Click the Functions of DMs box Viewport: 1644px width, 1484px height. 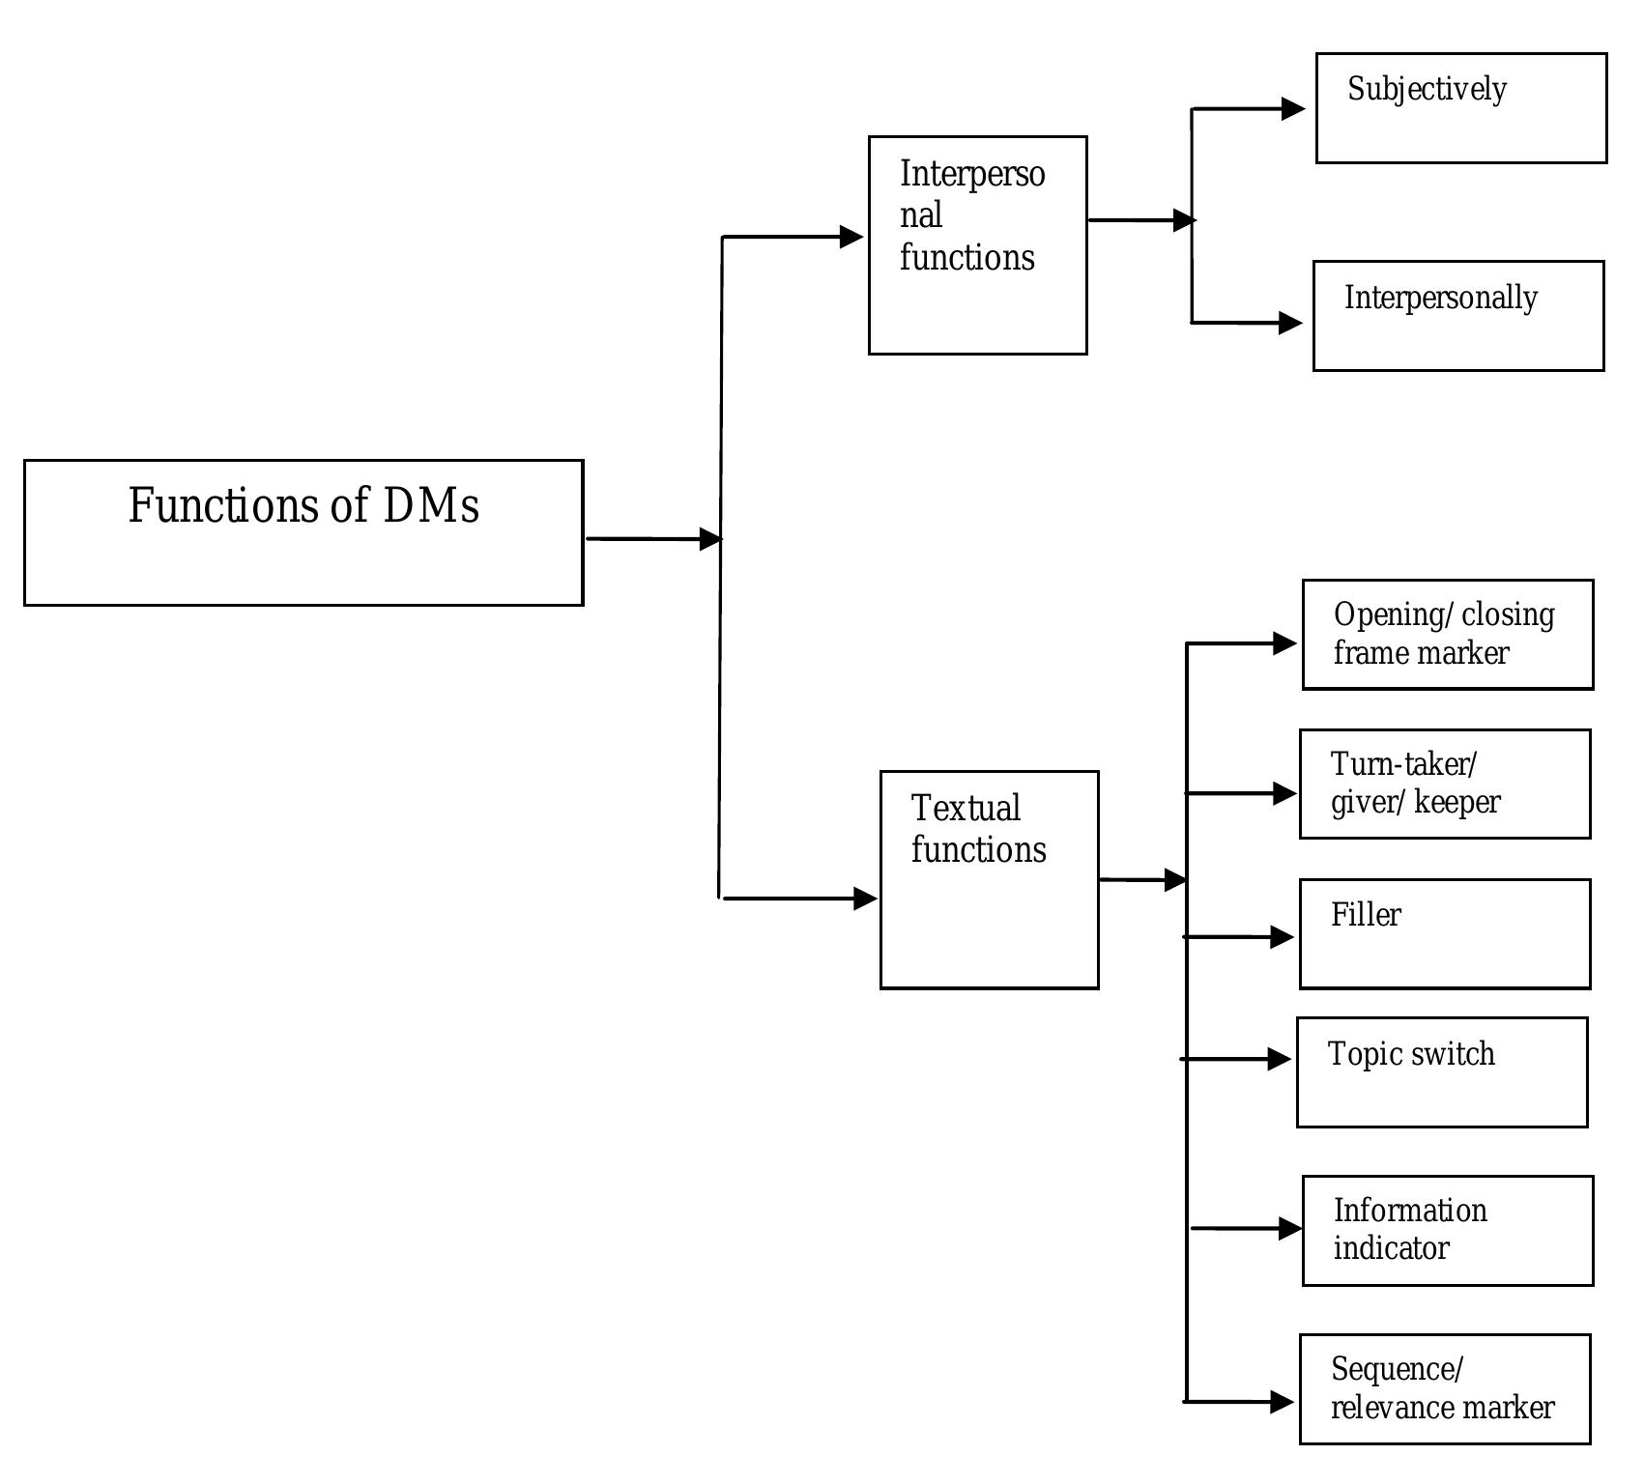(303, 532)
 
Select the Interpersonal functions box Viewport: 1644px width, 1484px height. (977, 245)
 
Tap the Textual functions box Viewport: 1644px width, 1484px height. (989, 879)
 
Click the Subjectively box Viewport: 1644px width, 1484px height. (1460, 108)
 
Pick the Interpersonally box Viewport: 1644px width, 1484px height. (1457, 316)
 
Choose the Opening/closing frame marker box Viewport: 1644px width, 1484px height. (1447, 635)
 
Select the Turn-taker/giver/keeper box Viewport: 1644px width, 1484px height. (1444, 785)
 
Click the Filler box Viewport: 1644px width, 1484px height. (1444, 934)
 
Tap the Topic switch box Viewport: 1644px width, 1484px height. (1441, 1072)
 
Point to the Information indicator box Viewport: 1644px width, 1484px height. (1447, 1231)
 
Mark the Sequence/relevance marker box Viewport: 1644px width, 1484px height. (1444, 1389)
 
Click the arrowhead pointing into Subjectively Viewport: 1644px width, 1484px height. (1293, 109)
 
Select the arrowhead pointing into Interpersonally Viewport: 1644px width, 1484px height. (1290, 323)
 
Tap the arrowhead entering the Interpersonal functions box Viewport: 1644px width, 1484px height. (851, 237)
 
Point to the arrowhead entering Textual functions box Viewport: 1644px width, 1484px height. (865, 899)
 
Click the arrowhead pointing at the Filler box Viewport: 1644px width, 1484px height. (1282, 937)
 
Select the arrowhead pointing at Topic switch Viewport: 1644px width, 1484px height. (1279, 1060)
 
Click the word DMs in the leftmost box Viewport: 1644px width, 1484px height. (431, 505)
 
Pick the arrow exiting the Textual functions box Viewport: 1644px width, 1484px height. (1141, 880)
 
